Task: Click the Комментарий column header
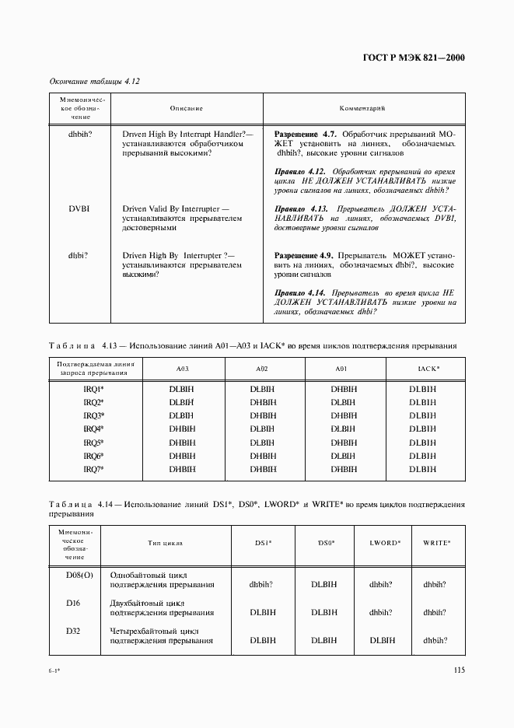point(363,108)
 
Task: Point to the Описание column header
point(186,108)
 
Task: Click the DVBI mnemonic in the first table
point(80,208)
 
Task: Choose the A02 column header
point(262,368)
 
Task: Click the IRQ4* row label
point(93,429)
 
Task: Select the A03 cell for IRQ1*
point(181,388)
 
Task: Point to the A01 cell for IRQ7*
point(343,469)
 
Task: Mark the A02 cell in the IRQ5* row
point(263,442)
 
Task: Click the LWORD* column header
point(385,541)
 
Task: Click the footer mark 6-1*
point(55,670)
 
